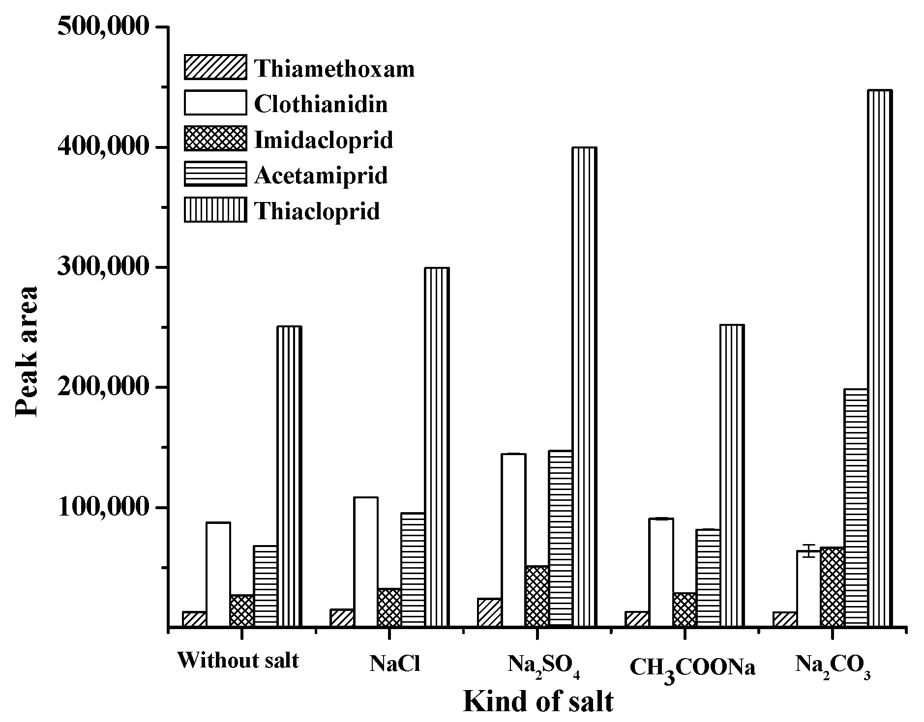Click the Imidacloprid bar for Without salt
pos(242,611)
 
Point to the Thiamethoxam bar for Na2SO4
pos(489,612)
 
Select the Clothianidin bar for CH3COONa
pos(661,573)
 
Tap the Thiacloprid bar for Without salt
pos(289,477)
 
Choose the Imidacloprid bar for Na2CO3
pos(832,587)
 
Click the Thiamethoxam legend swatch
pos(215,67)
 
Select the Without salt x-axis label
pos(238,661)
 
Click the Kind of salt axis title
pos(538,701)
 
